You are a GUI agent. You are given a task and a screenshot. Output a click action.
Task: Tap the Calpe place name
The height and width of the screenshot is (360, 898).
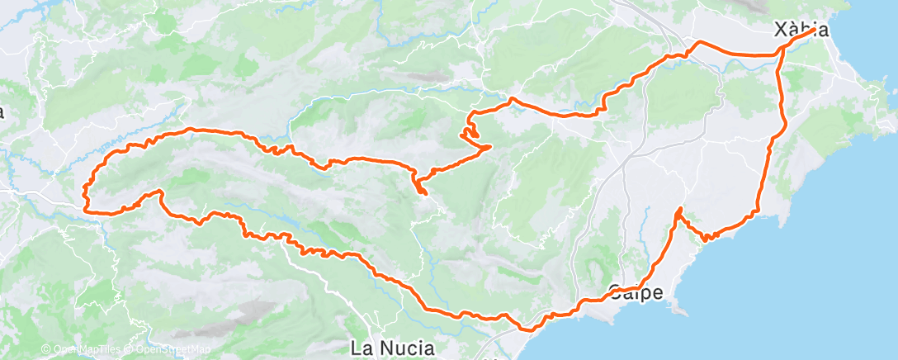(x=636, y=291)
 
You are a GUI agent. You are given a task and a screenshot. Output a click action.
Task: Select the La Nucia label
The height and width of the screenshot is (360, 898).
(x=393, y=348)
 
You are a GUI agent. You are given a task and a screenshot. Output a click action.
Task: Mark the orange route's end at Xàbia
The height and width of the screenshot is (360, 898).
(x=815, y=30)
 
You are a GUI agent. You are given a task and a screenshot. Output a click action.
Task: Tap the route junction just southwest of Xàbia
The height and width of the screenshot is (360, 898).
(x=780, y=54)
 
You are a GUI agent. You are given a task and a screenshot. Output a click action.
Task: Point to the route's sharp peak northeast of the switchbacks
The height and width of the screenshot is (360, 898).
(x=513, y=99)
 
